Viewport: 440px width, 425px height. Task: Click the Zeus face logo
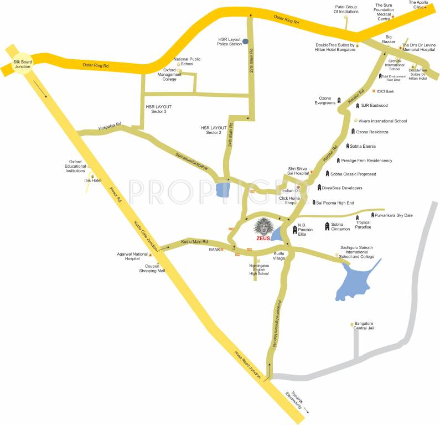[263, 227]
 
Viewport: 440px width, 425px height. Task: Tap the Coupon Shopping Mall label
[152, 269]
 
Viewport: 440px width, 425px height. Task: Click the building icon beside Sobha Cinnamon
[328, 226]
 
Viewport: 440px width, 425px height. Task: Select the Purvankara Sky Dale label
[394, 215]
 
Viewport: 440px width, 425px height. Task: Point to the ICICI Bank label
[386, 91]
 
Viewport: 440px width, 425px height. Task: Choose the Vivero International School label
[382, 121]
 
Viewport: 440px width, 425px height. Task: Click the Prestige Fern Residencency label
[366, 160]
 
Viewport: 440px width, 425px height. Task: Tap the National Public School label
[187, 61]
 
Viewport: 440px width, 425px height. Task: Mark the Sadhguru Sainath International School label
[357, 254]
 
